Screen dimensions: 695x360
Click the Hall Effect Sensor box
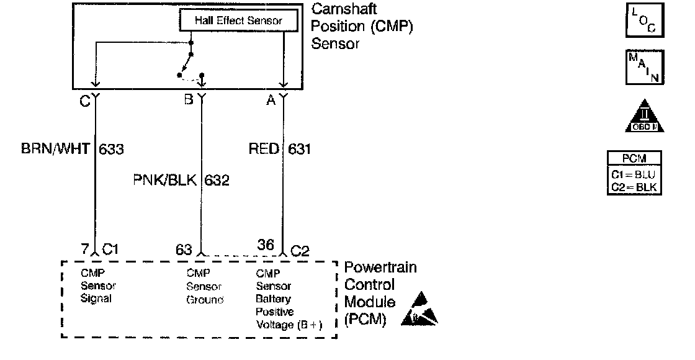(x=238, y=20)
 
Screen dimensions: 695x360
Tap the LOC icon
(x=645, y=20)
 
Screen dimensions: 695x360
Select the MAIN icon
(x=645, y=68)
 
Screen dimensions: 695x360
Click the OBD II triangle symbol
(x=645, y=116)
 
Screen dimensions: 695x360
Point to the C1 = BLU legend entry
(x=634, y=174)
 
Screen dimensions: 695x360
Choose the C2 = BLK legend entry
(x=634, y=187)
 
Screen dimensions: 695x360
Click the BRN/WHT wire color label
(x=55, y=148)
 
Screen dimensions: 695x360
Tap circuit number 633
(x=111, y=149)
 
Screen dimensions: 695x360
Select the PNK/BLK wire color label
(x=165, y=180)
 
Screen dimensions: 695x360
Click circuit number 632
(x=217, y=181)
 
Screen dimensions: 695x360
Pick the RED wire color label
(x=264, y=148)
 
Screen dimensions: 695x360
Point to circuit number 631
(x=299, y=149)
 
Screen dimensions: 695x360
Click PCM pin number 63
(x=184, y=250)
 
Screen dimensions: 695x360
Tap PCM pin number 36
(x=266, y=245)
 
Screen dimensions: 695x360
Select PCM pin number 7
(x=85, y=249)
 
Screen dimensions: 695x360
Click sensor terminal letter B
(x=189, y=99)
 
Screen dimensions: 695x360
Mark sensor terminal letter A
(x=271, y=100)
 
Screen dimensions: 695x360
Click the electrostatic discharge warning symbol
(x=419, y=309)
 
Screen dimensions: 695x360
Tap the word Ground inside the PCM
(x=205, y=300)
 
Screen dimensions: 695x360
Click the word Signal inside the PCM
(x=96, y=299)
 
